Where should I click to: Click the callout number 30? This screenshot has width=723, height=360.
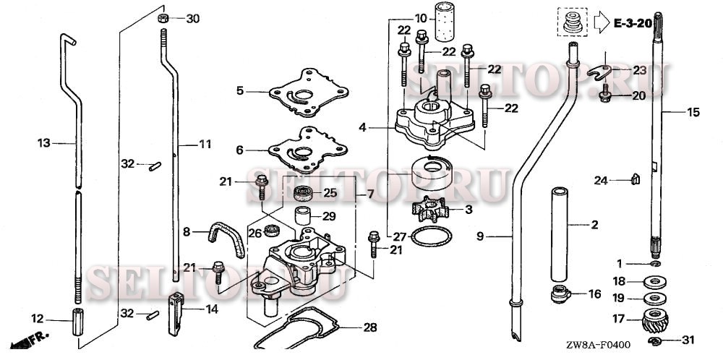tap(192, 19)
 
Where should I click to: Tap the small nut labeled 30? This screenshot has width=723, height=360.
tap(164, 18)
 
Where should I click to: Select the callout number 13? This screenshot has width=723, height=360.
tap(44, 143)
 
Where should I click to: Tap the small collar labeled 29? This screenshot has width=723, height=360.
tap(304, 216)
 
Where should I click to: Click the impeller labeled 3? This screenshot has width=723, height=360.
tap(429, 210)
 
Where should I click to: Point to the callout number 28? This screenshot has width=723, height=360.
tap(369, 327)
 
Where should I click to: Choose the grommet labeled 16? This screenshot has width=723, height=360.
tap(559, 294)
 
